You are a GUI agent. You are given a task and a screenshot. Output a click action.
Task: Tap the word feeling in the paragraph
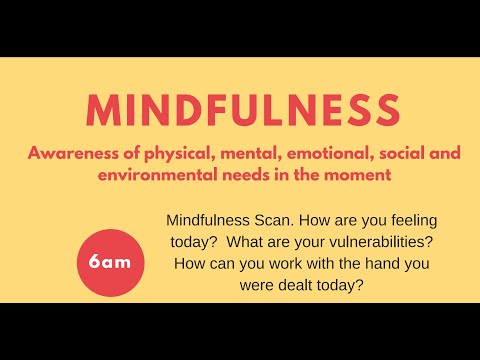[410, 219]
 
